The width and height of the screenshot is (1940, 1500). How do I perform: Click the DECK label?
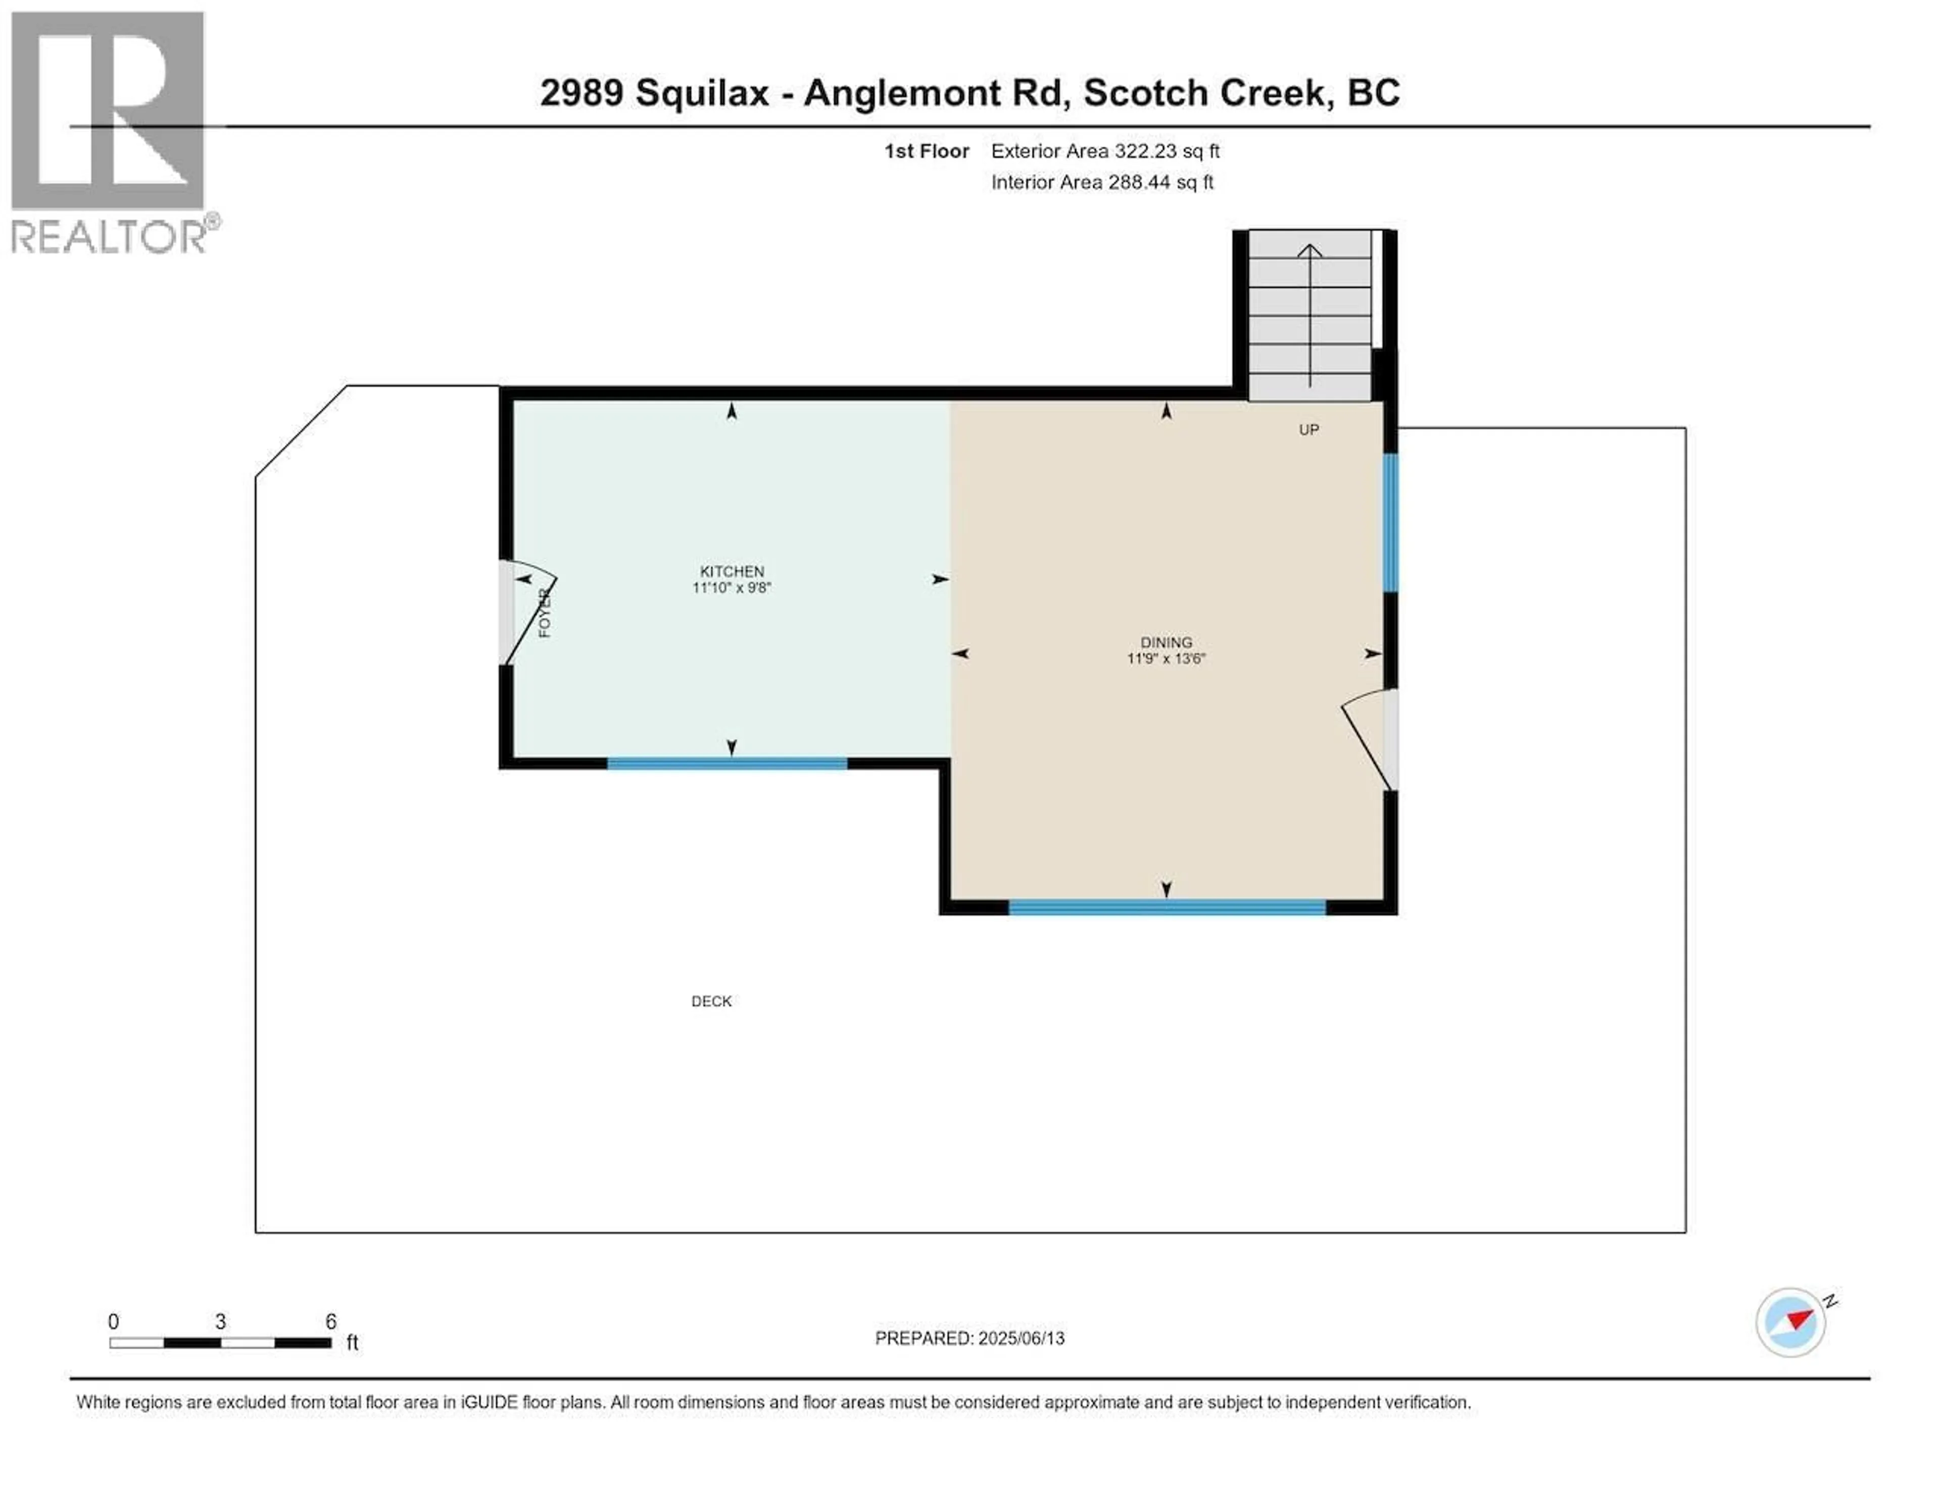pyautogui.click(x=711, y=1001)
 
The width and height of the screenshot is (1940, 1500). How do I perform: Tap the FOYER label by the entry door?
pyautogui.click(x=545, y=613)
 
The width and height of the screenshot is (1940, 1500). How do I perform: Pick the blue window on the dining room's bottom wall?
pyautogui.click(x=1167, y=907)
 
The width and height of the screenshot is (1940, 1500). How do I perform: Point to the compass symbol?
pyautogui.click(x=1791, y=1322)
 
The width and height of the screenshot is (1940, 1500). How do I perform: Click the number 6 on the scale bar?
pyautogui.click(x=330, y=1322)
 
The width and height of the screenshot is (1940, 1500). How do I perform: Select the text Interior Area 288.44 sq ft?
pyautogui.click(x=1101, y=182)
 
